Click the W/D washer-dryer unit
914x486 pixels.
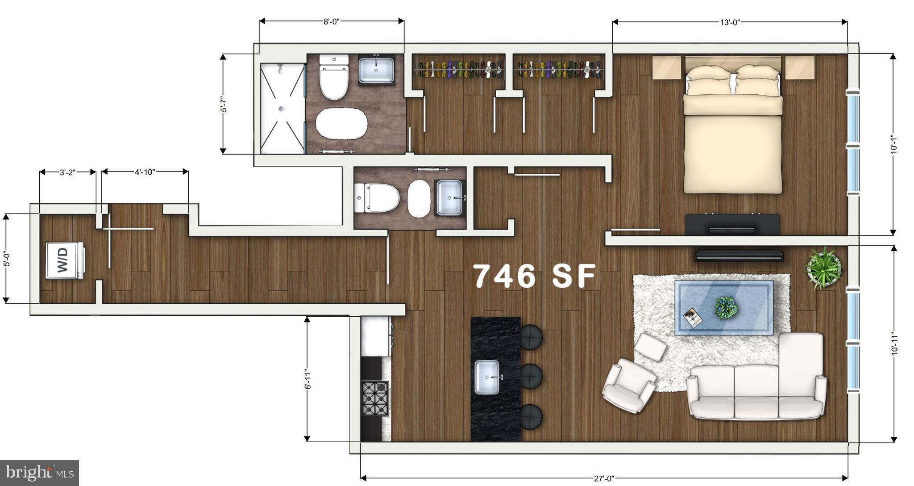coord(64,260)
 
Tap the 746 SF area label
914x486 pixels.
coord(534,276)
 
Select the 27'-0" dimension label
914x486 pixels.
coord(604,478)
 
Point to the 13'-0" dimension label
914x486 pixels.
coord(730,22)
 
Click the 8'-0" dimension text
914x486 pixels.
coord(332,21)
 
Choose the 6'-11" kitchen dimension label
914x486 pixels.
coord(307,379)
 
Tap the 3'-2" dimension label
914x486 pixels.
coord(67,172)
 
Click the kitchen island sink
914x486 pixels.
coord(487,377)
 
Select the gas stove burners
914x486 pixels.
coord(375,398)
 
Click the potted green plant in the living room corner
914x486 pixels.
coord(823,268)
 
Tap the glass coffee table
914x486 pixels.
coord(724,307)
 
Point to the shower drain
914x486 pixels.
coord(281,108)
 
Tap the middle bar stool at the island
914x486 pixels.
coord(531,376)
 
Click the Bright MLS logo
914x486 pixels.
coord(39,473)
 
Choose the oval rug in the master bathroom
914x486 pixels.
coord(341,123)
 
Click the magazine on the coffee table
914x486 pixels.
coord(692,318)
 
